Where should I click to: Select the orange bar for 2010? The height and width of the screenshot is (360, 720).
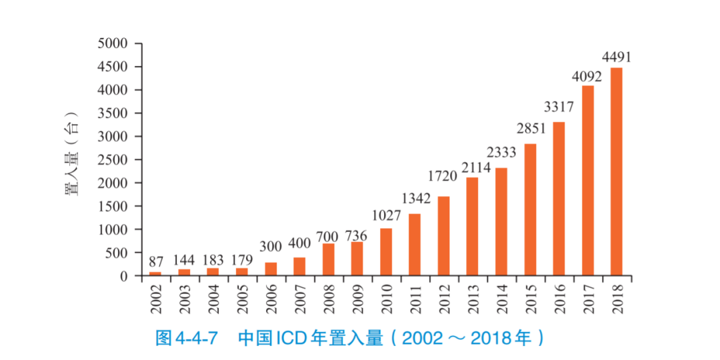click(386, 252)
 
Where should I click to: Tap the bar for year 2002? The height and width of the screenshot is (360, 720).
click(155, 273)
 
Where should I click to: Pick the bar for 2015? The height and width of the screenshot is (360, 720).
click(530, 209)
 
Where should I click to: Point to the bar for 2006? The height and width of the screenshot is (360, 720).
click(271, 269)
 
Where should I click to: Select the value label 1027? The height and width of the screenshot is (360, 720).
click(387, 216)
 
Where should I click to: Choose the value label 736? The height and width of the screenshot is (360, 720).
click(358, 236)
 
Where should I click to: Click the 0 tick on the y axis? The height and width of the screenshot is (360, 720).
click(124, 276)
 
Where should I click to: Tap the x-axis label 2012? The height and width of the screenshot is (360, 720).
click(444, 299)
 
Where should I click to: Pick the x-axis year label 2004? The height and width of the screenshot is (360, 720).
click(213, 299)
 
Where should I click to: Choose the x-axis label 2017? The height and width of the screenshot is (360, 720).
click(588, 299)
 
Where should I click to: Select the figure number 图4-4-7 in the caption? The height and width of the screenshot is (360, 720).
click(187, 338)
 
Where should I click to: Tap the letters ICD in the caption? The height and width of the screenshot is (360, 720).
click(289, 338)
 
